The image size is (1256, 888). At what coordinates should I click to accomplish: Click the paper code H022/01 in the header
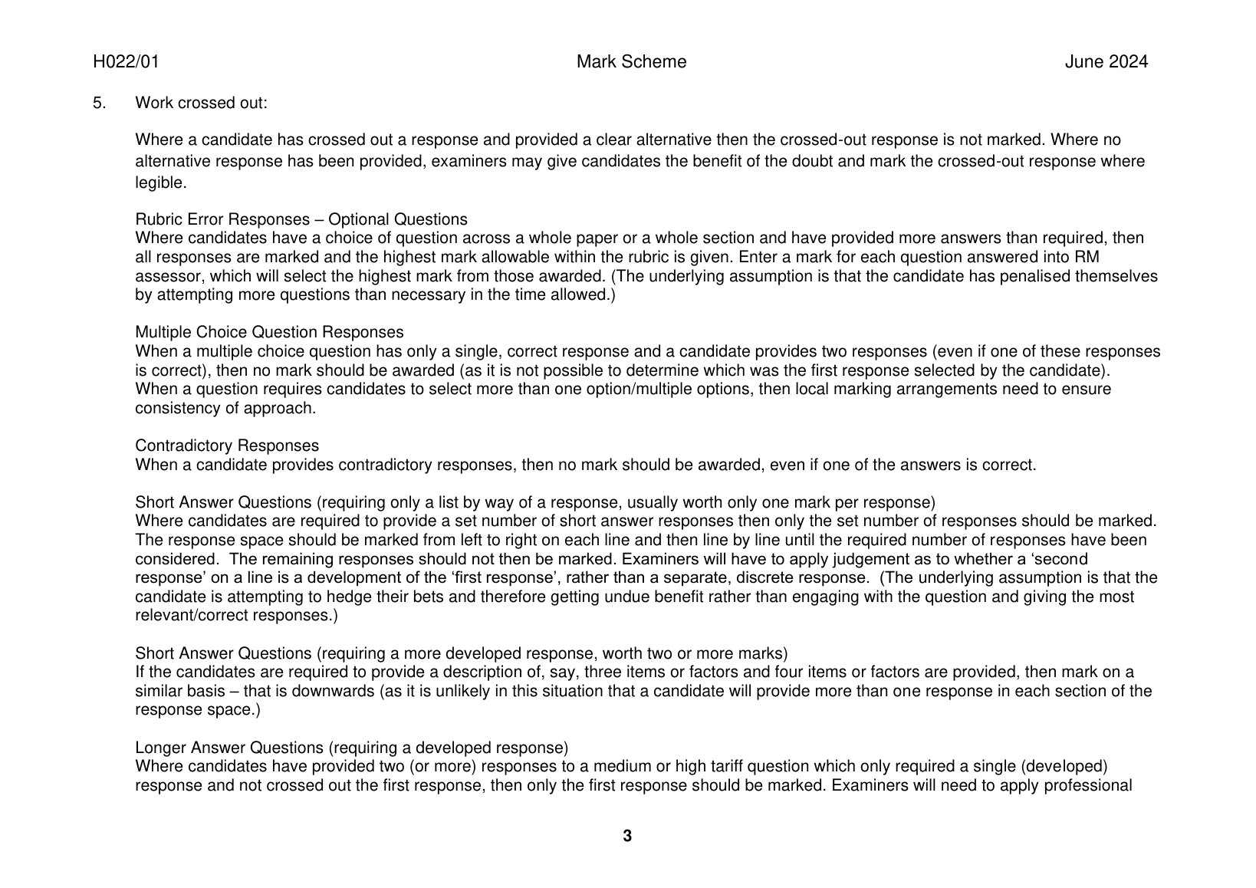click(x=126, y=62)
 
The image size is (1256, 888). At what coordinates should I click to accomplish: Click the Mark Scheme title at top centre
click(x=631, y=62)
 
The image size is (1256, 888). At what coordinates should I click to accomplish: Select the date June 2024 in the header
click(x=1106, y=62)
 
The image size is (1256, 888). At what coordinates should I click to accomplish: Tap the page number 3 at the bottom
click(x=627, y=836)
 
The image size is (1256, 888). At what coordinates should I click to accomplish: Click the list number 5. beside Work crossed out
click(x=99, y=103)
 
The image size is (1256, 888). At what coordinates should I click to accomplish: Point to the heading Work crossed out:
click(x=201, y=103)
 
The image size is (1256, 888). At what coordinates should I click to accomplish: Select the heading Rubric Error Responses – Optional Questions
click(x=301, y=219)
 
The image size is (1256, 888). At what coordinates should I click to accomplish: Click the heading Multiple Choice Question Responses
click(x=268, y=332)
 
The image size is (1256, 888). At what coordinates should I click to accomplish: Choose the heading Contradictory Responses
click(x=227, y=446)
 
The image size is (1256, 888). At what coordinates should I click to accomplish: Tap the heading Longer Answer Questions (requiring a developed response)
click(x=351, y=748)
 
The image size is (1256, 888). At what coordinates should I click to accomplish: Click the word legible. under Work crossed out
click(x=160, y=183)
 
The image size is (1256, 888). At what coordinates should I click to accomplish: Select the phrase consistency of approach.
click(x=225, y=408)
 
